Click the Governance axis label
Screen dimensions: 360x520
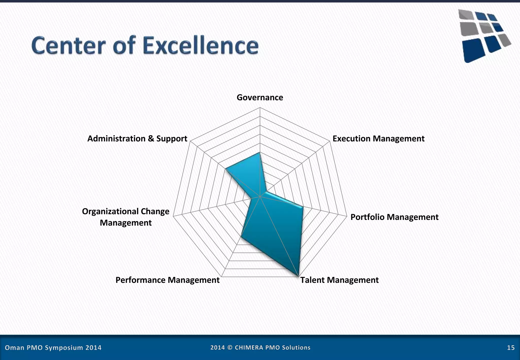click(260, 97)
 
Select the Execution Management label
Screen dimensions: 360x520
click(378, 139)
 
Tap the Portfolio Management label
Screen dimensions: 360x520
click(394, 217)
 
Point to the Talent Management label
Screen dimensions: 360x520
click(339, 280)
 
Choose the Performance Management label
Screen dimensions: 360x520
click(167, 280)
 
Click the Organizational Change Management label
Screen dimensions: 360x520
click(126, 217)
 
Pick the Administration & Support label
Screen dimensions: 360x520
click(137, 139)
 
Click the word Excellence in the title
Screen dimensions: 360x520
click(201, 46)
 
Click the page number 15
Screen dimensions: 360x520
click(511, 348)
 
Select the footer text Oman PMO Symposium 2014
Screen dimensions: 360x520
click(53, 348)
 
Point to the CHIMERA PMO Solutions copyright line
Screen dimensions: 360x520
click(260, 348)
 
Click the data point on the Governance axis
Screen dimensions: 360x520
click(260, 153)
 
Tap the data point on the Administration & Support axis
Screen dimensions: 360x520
click(225, 169)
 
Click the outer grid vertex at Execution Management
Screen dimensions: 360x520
click(330, 141)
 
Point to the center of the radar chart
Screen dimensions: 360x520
click(260, 196)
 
